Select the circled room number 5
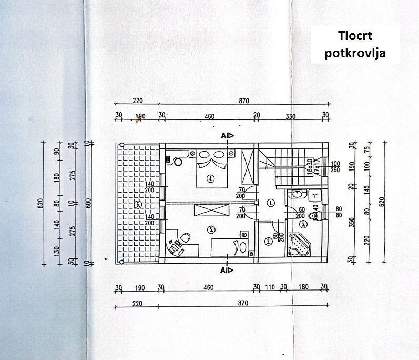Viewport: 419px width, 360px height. (210, 229)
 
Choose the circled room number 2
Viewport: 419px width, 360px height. (269, 242)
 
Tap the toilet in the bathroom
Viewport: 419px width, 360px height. (314, 215)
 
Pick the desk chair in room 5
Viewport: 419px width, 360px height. (176, 244)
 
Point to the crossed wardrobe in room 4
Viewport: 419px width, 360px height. (247, 165)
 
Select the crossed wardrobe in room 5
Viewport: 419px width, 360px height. (209, 211)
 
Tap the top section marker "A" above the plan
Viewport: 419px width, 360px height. (224, 136)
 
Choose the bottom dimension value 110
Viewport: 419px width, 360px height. (270, 287)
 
